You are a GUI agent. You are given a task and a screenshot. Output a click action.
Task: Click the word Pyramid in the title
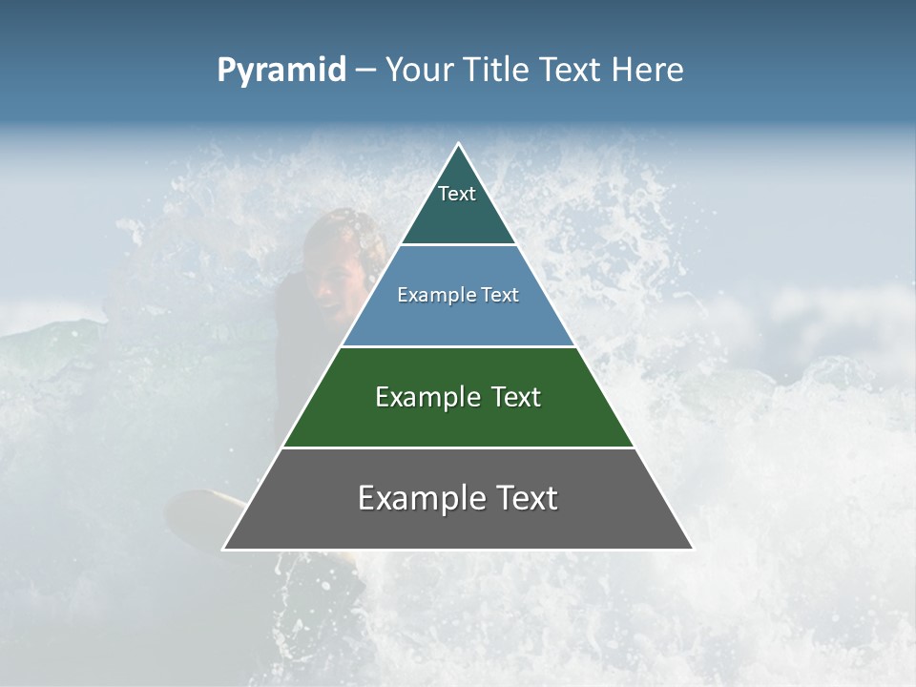coord(281,71)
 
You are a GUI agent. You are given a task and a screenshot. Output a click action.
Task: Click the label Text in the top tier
coord(457,194)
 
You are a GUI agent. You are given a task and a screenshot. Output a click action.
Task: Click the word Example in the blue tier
coord(427,295)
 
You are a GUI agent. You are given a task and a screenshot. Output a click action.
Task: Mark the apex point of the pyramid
coord(458,144)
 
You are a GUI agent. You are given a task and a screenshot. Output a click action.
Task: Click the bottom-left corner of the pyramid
coord(224,549)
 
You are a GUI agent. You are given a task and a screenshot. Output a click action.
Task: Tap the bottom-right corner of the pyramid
coord(692,549)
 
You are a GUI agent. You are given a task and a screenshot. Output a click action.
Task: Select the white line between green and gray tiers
coord(458,448)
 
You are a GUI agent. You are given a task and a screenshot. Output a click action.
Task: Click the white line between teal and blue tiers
coord(458,244)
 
